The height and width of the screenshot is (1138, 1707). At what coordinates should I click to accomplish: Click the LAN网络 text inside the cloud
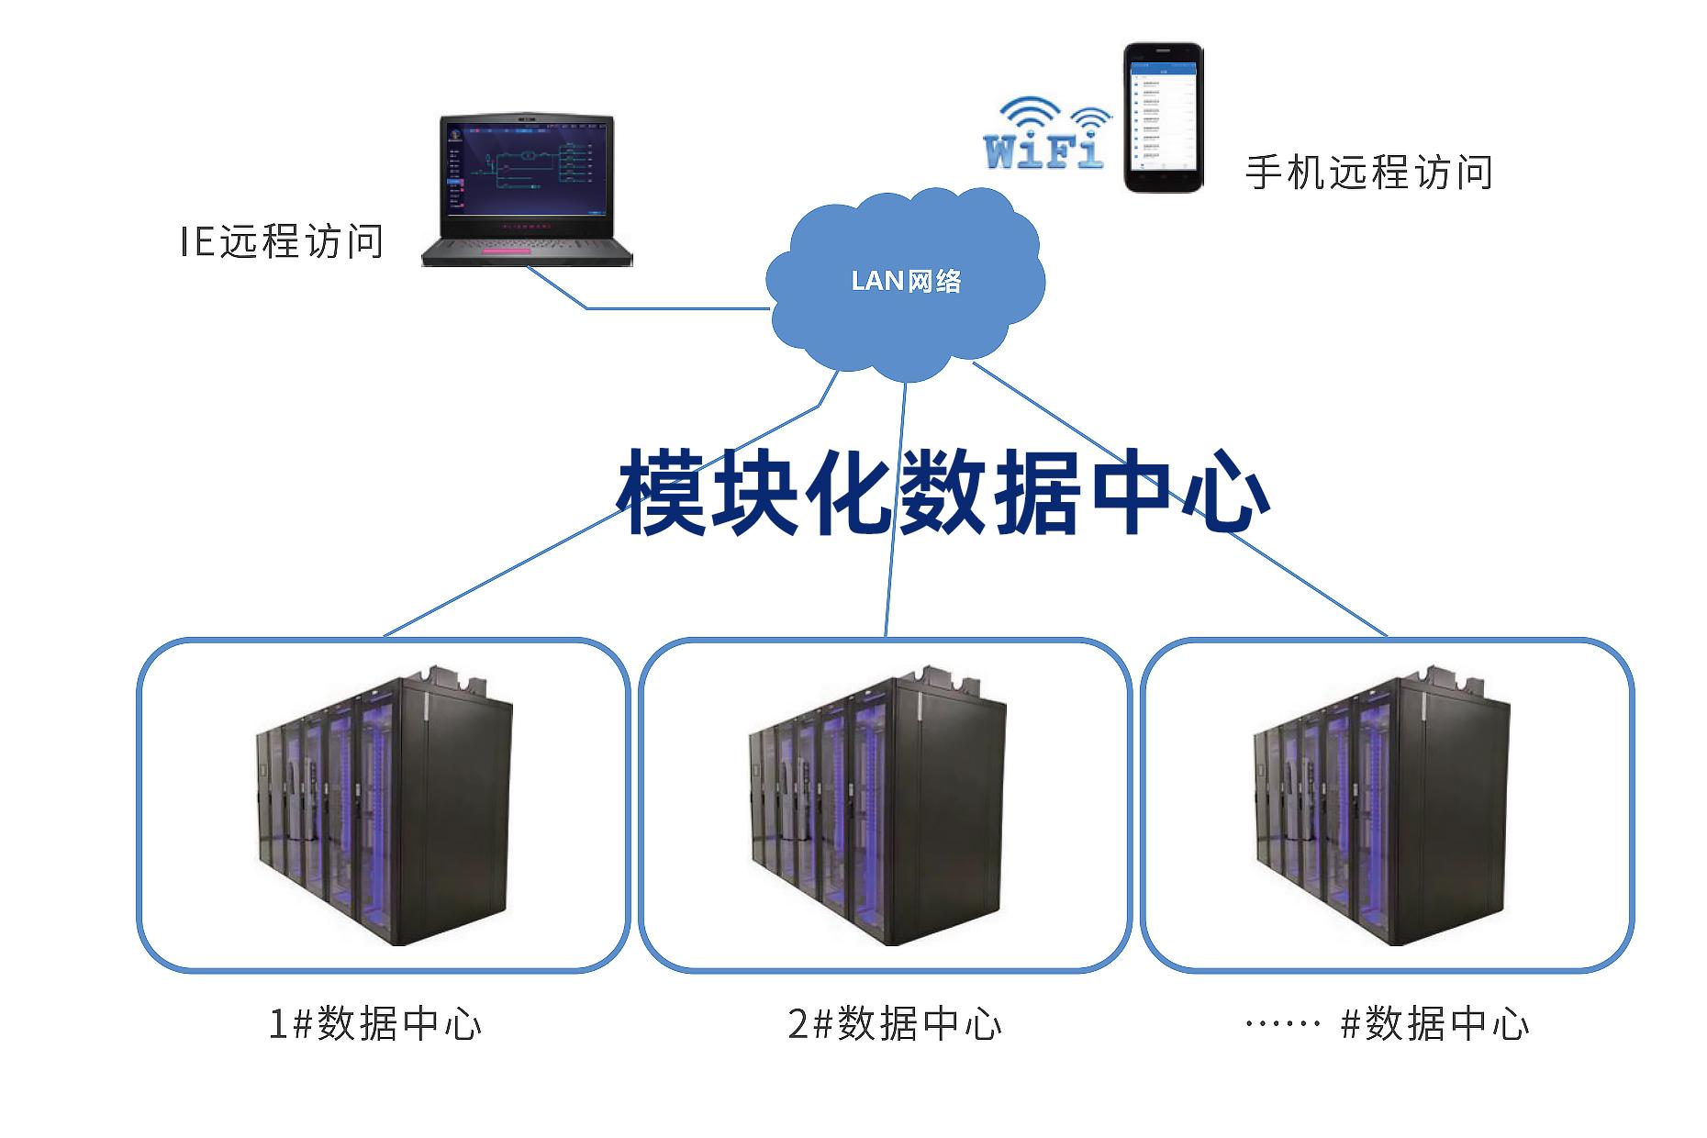pyautogui.click(x=906, y=280)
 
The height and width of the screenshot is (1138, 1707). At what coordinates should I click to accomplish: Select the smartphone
pyautogui.click(x=1164, y=117)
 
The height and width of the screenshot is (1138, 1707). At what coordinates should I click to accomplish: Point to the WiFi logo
pyautogui.click(x=1046, y=136)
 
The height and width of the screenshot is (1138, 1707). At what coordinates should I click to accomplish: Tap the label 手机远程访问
pyautogui.click(x=1368, y=172)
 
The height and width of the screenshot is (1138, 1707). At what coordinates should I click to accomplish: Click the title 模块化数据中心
pyautogui.click(x=943, y=492)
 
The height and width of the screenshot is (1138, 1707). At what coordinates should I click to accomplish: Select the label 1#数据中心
pyautogui.click(x=374, y=1023)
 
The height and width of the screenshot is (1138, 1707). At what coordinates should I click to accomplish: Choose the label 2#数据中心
pyautogui.click(x=895, y=1023)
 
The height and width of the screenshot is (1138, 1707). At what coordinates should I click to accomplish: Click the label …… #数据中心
pyautogui.click(x=1387, y=1023)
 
